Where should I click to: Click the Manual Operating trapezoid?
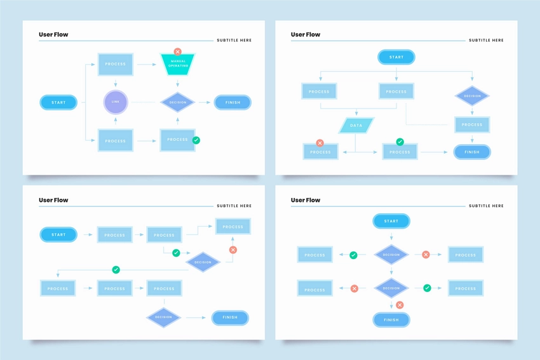177,64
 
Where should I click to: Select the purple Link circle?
116,102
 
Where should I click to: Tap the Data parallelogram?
356,126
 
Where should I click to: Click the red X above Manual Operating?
177,51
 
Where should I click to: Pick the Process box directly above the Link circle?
116,64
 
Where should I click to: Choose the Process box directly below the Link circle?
116,140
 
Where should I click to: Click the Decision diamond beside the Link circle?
177,102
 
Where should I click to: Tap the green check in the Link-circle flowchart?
196,140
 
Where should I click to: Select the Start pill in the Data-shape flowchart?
396,57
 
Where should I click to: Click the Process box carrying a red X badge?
321,152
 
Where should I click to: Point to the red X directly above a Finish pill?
400,305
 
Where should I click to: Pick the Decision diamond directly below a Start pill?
391,255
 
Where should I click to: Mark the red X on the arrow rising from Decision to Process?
233,250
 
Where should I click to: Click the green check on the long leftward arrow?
116,270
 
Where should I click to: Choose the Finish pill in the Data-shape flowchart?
472,152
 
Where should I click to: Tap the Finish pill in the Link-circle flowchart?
233,102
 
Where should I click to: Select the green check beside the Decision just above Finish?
427,288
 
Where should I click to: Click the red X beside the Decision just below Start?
426,255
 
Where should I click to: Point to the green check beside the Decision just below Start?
353,255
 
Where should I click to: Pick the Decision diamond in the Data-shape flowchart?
472,96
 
